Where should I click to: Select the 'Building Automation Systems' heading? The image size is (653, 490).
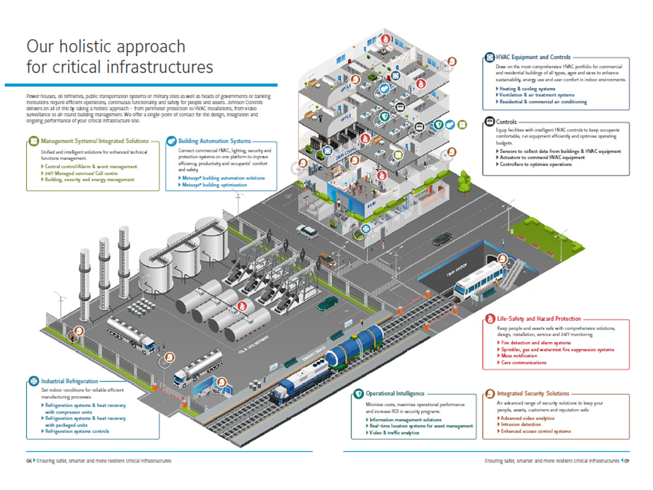coord(214,141)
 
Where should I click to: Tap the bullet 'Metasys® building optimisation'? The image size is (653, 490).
coord(214,185)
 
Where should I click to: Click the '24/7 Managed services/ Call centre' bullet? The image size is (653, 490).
coord(81,173)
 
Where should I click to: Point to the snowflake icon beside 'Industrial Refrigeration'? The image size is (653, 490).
coord(34,381)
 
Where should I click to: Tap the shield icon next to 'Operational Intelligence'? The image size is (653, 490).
coord(359,394)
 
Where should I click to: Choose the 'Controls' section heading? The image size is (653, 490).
coord(506,122)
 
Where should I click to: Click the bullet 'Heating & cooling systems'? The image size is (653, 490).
coord(527,89)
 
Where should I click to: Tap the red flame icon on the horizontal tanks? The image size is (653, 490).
coord(242,306)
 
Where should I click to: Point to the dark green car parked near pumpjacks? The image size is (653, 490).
coord(327,304)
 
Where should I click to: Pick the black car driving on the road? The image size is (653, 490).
coord(442,239)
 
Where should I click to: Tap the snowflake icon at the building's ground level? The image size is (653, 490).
coord(366,229)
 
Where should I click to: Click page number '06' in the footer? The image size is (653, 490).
coord(29,461)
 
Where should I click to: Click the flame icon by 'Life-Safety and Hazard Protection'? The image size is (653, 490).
coord(490,319)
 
